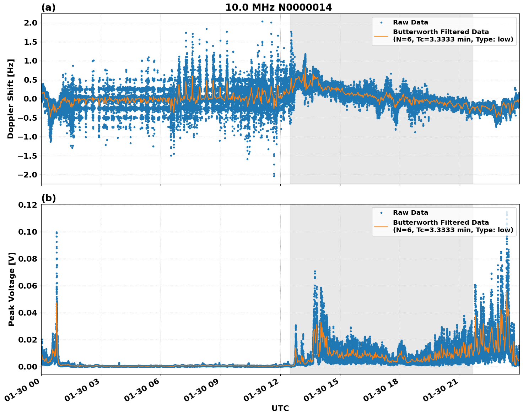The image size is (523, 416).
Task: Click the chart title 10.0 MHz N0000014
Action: point(279,7)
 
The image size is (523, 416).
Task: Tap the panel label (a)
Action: point(48,7)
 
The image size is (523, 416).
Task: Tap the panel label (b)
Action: point(49,198)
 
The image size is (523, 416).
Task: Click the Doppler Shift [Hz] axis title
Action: point(11,99)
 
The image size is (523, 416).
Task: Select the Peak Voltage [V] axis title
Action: point(12,289)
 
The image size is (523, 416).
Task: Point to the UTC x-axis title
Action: point(280,408)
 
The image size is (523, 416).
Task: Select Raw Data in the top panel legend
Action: point(410,22)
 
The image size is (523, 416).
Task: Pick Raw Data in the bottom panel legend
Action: point(410,213)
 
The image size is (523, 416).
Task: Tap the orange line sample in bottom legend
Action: point(381,226)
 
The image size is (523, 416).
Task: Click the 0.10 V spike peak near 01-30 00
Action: point(56,232)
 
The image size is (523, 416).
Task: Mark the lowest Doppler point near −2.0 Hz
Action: point(274,176)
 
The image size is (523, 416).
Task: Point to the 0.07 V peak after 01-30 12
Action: point(315,272)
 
